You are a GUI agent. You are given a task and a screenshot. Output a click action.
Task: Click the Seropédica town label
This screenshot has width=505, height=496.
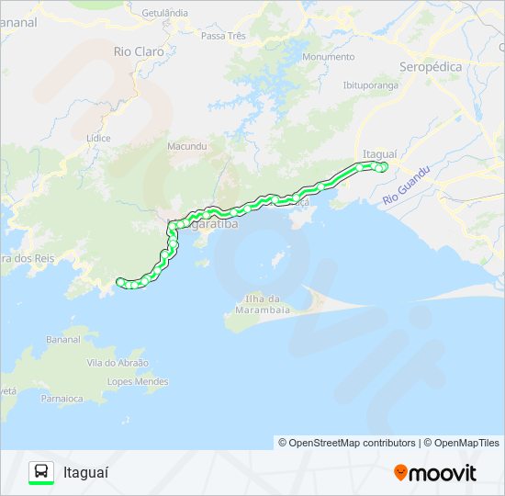tap(431, 67)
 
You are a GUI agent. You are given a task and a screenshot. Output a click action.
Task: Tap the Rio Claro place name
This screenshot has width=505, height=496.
tap(139, 51)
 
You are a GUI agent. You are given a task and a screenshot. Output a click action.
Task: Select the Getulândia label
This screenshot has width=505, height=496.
tap(165, 13)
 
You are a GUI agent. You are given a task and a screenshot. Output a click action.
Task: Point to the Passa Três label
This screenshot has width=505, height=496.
tap(223, 36)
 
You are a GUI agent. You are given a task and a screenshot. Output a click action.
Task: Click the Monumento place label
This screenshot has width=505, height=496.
tap(328, 57)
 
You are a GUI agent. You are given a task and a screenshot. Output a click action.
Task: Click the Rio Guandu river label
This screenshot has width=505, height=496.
tap(406, 186)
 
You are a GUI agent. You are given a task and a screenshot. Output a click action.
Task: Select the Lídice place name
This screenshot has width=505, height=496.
tap(97, 138)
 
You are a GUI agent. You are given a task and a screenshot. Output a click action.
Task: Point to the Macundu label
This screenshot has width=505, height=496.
tap(187, 146)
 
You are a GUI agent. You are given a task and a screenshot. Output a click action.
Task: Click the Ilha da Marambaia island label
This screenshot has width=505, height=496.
tap(255, 305)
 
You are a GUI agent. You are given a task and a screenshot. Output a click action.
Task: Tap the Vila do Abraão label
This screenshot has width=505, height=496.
tap(118, 363)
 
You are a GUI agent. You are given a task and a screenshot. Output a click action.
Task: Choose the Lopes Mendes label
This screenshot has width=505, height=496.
tap(138, 381)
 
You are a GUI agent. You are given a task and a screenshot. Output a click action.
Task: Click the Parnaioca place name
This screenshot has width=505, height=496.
tap(63, 399)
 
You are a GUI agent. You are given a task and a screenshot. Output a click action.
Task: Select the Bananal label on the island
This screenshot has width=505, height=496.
tap(63, 340)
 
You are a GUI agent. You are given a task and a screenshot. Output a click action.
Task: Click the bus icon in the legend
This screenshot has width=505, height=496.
tap(41, 472)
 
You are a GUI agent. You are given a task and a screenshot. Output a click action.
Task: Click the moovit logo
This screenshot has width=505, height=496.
tap(435, 473)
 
